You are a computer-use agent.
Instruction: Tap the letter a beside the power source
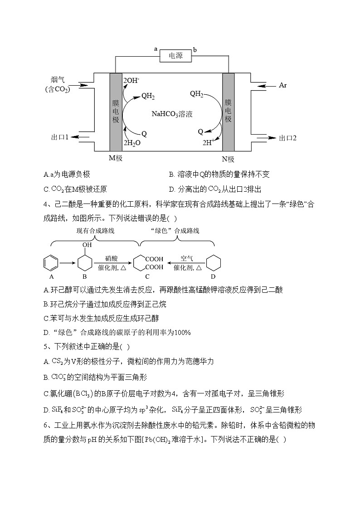point(156,48)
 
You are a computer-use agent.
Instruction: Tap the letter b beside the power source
point(195,49)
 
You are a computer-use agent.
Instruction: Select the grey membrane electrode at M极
point(116,111)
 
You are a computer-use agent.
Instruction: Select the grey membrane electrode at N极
point(228,111)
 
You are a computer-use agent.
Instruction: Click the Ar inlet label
point(282,85)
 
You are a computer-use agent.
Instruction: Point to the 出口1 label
point(60,137)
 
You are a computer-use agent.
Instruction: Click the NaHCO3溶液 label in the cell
point(172,114)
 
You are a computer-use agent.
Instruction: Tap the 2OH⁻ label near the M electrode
point(131,81)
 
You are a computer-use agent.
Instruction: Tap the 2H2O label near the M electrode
point(132,142)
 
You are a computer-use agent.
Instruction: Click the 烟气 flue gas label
point(58,80)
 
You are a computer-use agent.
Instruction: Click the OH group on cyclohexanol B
point(87,245)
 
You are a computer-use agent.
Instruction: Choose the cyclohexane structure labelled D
point(213,263)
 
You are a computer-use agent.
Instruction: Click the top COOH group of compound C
point(154,259)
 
